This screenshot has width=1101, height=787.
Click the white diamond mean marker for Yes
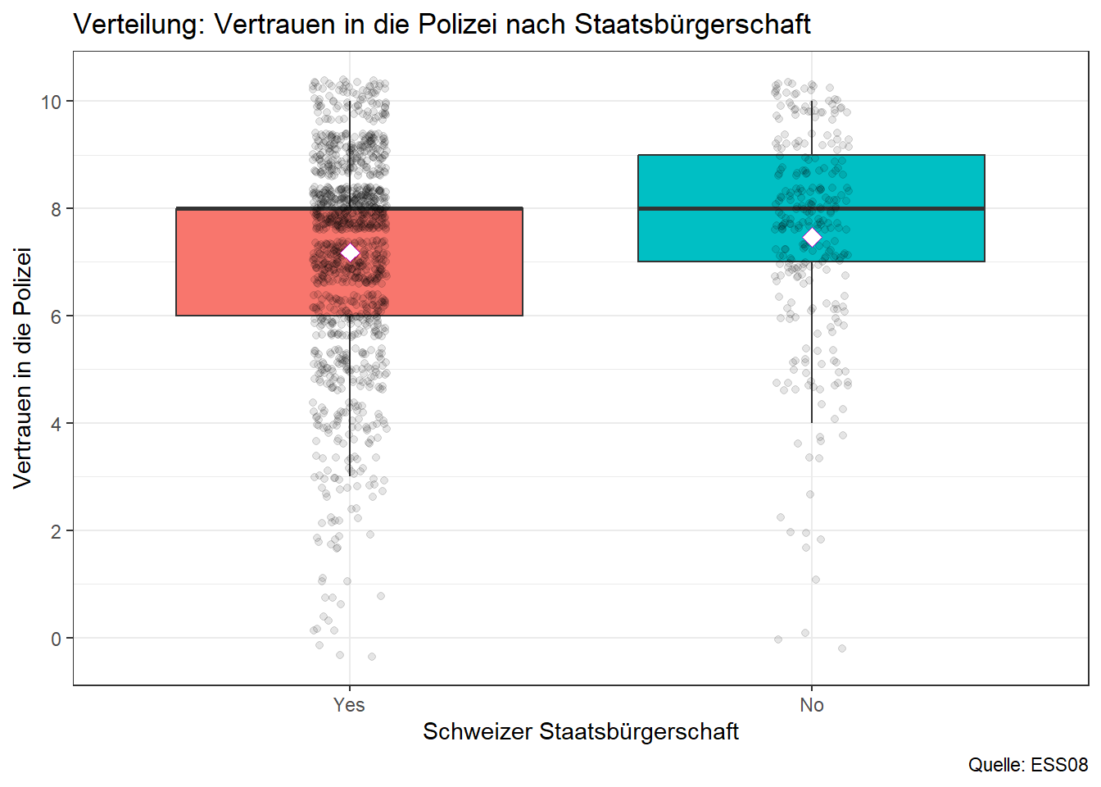pos(350,252)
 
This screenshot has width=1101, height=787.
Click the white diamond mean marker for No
pos(812,237)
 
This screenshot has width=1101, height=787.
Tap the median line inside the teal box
pos(901,208)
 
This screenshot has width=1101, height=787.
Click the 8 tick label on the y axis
pos(57,209)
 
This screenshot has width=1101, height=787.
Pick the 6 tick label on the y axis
pos(57,316)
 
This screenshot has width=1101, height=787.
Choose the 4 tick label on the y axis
pos(57,424)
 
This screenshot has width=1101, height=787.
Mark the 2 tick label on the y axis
pos(57,531)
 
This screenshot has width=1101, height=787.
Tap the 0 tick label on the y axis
pos(57,639)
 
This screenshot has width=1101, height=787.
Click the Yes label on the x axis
pos(349,705)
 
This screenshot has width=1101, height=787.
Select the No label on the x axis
pos(812,705)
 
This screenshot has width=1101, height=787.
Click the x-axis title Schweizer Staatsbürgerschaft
pos(581,731)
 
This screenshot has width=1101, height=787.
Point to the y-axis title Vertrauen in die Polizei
pos(23,367)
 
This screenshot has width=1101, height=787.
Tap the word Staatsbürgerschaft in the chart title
pos(692,25)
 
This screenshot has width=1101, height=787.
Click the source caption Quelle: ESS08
pos(1028,765)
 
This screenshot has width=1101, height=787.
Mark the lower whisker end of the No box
pos(812,422)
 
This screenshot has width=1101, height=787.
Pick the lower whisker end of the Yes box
pos(350,475)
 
